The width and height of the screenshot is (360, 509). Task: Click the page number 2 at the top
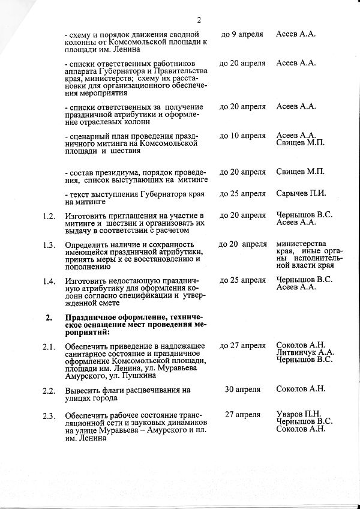coord(199,19)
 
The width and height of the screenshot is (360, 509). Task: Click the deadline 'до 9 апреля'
coord(242,34)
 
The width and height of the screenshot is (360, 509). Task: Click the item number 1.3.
coord(50,244)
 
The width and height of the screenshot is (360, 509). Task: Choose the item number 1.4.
coord(50,280)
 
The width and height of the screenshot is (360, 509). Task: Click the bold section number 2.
coord(49,316)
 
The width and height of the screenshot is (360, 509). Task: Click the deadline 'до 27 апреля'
coord(242,346)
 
